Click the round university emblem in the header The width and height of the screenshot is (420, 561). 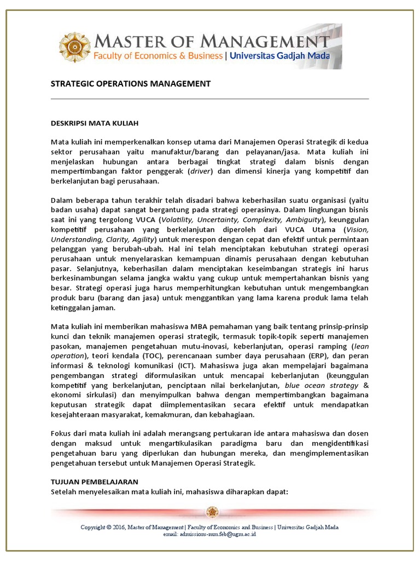(75, 47)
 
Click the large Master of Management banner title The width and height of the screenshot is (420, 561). (213, 41)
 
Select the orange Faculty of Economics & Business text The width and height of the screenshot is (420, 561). (158, 56)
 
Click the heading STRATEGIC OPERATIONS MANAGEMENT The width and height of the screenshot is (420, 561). (130, 84)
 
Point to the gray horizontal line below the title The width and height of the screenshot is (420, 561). (209, 99)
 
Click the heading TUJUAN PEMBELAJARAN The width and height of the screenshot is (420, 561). (94, 482)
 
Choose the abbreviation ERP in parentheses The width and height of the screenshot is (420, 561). (296, 356)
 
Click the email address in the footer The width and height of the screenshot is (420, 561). (210, 534)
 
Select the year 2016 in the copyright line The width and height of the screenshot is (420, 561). (116, 528)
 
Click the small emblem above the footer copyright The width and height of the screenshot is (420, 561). (212, 512)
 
